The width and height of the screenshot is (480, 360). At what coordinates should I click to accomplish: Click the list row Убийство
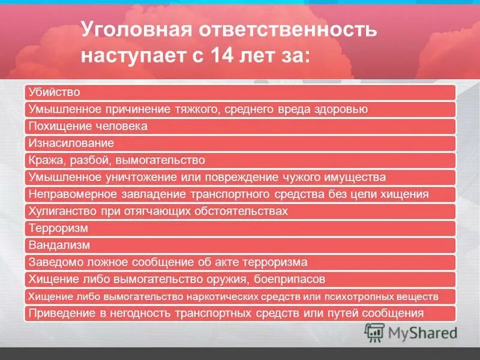click(55, 92)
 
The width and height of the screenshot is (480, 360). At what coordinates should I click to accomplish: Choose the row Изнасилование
click(71, 143)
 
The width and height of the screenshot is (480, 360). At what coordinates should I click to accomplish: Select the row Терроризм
click(59, 228)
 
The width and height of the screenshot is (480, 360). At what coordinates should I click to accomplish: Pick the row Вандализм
click(59, 245)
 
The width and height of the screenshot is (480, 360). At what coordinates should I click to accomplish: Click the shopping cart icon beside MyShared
click(374, 332)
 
